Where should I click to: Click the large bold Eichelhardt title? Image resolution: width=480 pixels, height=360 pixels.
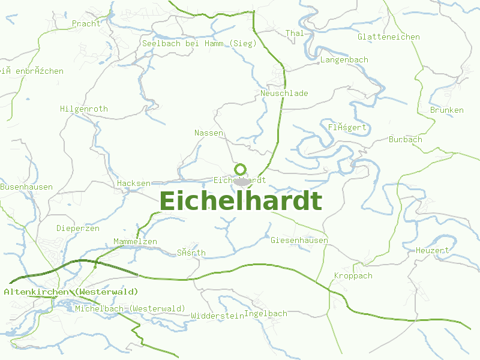pos(241,202)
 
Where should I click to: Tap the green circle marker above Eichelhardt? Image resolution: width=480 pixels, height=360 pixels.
pos(241,169)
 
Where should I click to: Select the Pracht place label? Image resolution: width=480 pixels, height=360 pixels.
pos(86,24)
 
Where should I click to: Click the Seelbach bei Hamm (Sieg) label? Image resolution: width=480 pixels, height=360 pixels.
pos(199,43)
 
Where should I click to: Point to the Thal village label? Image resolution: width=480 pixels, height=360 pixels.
pos(295,34)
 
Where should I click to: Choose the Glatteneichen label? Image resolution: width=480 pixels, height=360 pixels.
pos(388,37)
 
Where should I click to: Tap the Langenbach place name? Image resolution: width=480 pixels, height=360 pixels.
pos(344,60)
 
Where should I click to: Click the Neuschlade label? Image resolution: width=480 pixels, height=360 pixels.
pos(284,94)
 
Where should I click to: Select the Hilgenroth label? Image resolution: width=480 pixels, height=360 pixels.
pos(84,109)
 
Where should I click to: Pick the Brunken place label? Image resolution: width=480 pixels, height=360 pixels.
pos(447,110)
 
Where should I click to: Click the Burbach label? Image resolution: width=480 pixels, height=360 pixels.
pos(406,140)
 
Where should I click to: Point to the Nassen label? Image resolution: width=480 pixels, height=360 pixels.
pos(209,133)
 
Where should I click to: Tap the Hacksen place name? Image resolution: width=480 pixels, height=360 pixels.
pos(134,183)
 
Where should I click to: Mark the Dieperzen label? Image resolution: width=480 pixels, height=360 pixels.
pos(78,229)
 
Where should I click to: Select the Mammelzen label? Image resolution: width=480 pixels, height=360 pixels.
pos(135,242)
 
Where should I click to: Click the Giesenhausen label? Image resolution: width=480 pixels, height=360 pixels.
pos(299,241)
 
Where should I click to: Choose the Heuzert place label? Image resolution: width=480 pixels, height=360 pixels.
pos(433,250)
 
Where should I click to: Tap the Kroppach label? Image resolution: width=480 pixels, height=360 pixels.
pos(353,276)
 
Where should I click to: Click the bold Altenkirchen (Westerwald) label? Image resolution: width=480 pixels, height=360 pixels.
pos(71,292)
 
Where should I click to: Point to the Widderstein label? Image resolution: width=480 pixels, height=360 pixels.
pos(217,316)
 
